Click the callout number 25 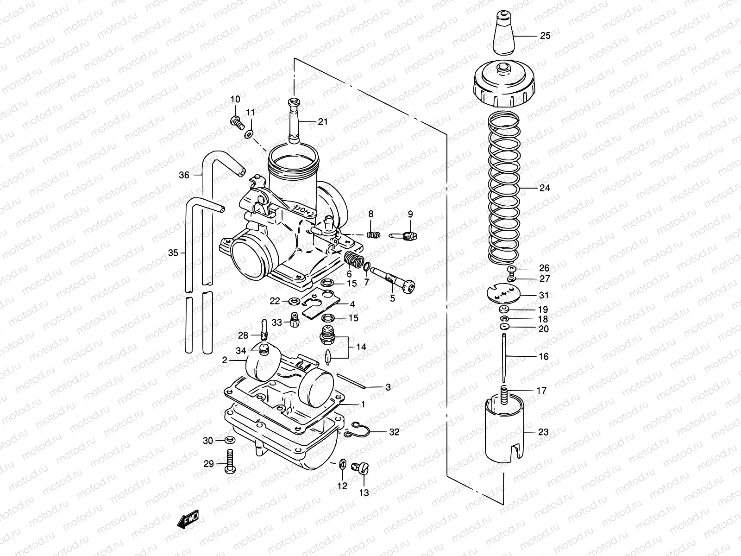546,36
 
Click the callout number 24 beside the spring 544,188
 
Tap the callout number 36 184,175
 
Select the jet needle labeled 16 504,357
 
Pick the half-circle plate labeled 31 505,293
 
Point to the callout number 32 394,432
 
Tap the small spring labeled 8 374,234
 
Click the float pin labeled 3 352,381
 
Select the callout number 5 393,298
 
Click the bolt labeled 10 237,122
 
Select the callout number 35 173,253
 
